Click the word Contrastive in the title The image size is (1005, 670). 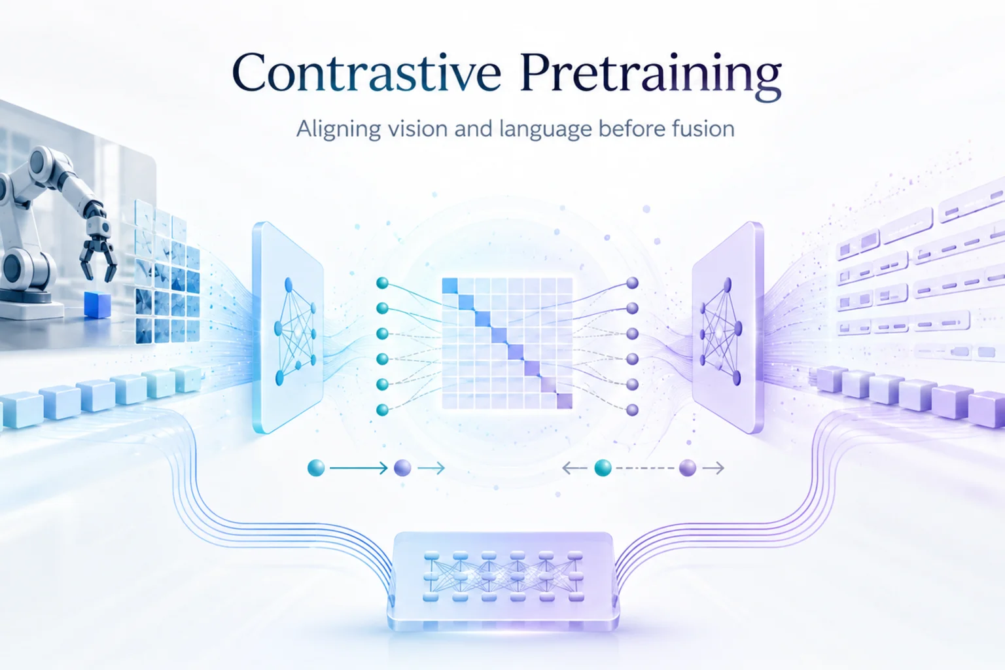[x=366, y=72]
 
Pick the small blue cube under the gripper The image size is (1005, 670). [x=97, y=305]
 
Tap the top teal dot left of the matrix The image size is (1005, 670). [x=382, y=283]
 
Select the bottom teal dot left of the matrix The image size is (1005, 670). [x=382, y=410]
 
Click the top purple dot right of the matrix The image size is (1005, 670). [x=632, y=283]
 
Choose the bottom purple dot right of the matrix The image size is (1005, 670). [x=632, y=410]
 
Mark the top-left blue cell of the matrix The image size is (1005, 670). [x=450, y=286]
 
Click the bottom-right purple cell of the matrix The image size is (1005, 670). [x=565, y=400]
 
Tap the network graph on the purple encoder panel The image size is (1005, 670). [x=721, y=331]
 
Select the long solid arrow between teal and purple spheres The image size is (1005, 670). [x=359, y=468]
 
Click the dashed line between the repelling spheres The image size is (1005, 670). [x=645, y=468]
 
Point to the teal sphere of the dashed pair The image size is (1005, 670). [x=603, y=468]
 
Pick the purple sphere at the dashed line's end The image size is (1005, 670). [x=688, y=468]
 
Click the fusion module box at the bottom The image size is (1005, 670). [x=503, y=581]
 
